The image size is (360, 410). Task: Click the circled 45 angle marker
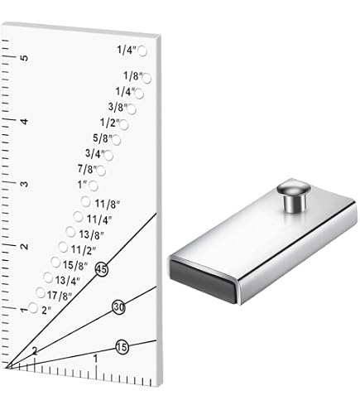(102, 269)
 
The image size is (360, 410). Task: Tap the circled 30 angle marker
(119, 307)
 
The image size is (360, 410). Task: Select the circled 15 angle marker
(122, 347)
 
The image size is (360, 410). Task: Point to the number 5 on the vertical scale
(25, 58)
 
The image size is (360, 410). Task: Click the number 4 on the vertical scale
(25, 121)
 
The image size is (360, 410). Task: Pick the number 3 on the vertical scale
(25, 184)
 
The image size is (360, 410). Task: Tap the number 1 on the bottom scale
(95, 359)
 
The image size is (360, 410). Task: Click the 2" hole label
(46, 311)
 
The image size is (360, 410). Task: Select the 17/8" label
(60, 296)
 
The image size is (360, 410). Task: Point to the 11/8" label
(108, 204)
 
